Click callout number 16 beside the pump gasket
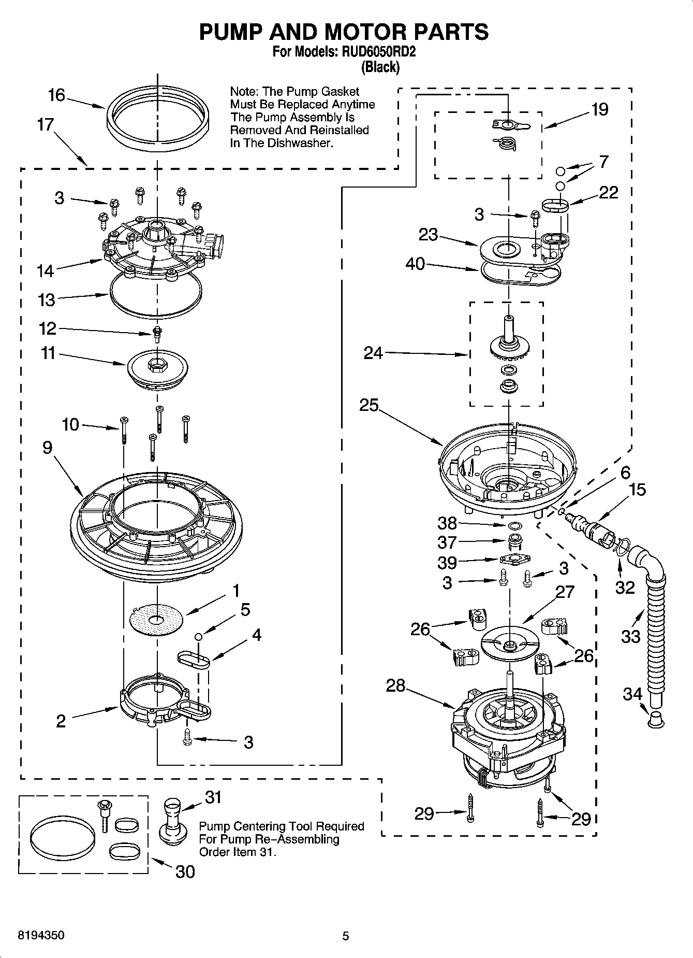pos(56,95)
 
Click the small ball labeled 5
pos(198,637)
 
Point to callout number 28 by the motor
pos(396,685)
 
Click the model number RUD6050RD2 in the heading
pos(377,52)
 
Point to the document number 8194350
pos(41,936)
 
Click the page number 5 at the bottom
pos(346,936)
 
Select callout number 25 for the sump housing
pos(370,405)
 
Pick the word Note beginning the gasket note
pos(242,92)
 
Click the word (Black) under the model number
pos(380,67)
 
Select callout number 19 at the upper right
pos(600,109)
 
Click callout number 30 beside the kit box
pos(185,871)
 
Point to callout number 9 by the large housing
pos(47,447)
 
